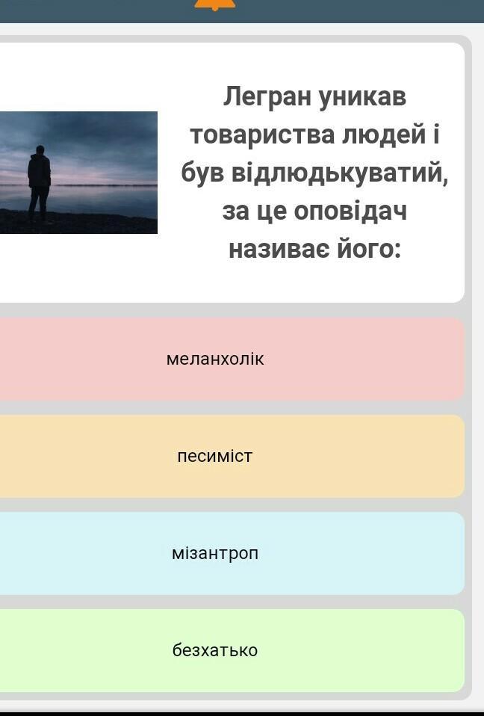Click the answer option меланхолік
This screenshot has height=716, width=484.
pyautogui.click(x=215, y=359)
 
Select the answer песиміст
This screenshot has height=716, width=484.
pyautogui.click(x=215, y=456)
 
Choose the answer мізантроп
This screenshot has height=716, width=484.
pyautogui.click(x=215, y=553)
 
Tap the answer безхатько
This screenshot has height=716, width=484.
pyautogui.click(x=215, y=650)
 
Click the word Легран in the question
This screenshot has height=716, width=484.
pyautogui.click(x=267, y=98)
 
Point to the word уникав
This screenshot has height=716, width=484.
pyautogui.click(x=362, y=98)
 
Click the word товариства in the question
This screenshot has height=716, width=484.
pyautogui.click(x=262, y=135)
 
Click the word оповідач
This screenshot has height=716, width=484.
pyautogui.click(x=350, y=212)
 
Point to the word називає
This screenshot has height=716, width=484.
pyautogui.click(x=279, y=250)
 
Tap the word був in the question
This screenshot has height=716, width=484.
pyautogui.click(x=202, y=173)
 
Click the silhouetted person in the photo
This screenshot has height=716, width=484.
pyautogui.click(x=40, y=183)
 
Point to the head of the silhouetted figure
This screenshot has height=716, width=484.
pyautogui.click(x=40, y=149)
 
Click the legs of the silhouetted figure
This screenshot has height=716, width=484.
pyautogui.click(x=39, y=204)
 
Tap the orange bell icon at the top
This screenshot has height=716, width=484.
pyautogui.click(x=215, y=4)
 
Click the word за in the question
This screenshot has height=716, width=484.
pyautogui.click(x=235, y=212)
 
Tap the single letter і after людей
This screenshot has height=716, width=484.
pyautogui.click(x=435, y=135)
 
